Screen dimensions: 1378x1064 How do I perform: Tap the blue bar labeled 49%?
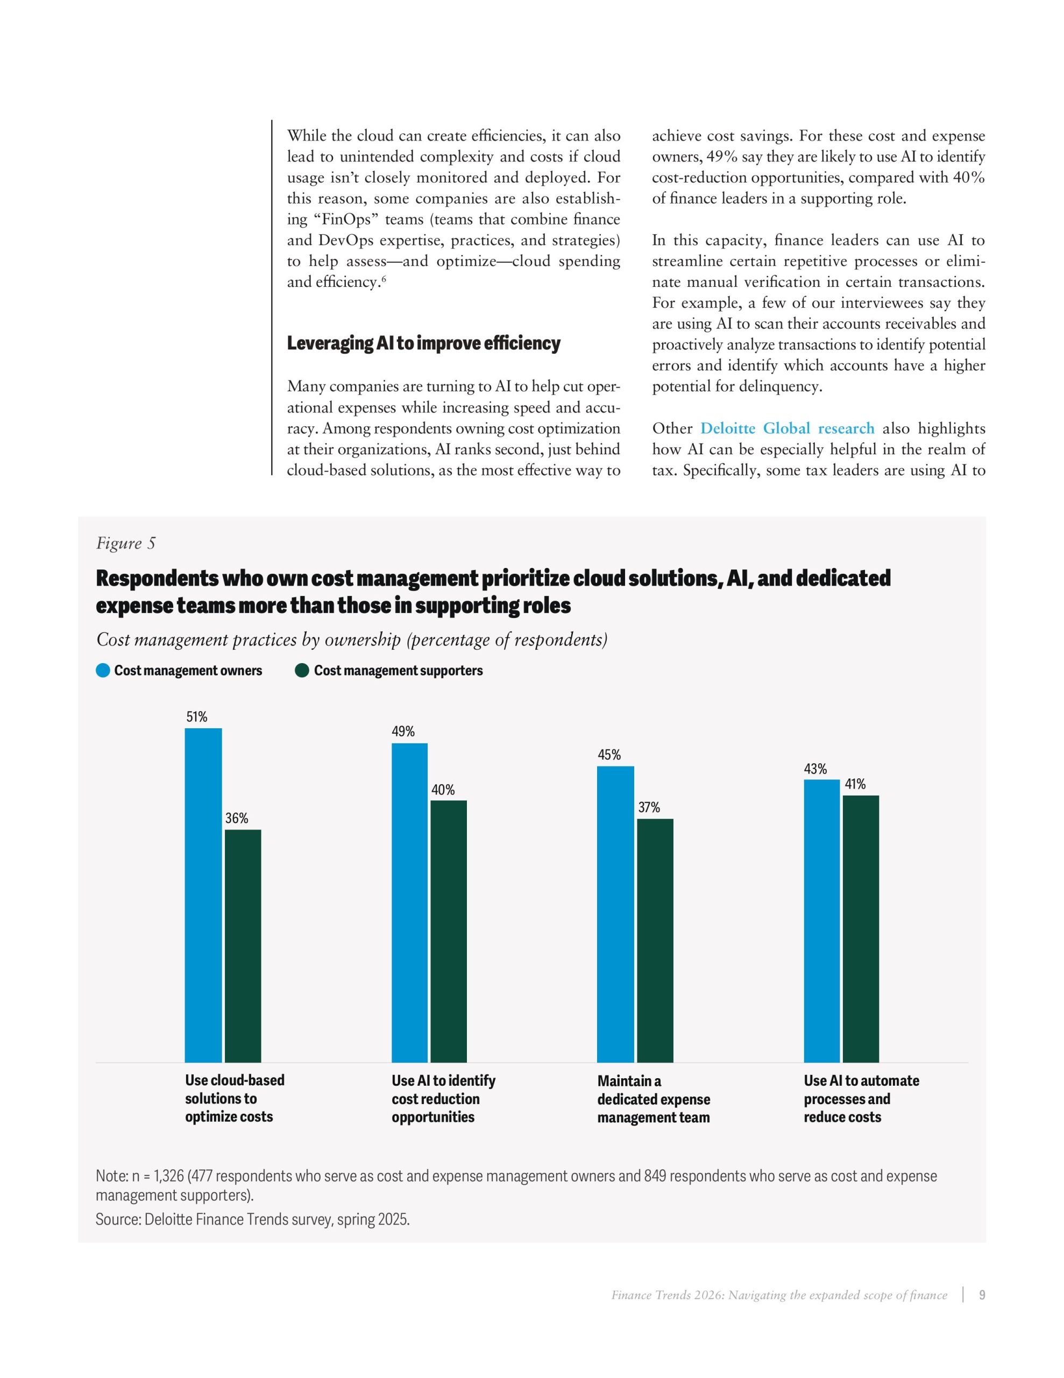(409, 902)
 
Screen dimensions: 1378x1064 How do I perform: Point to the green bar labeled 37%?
(655, 940)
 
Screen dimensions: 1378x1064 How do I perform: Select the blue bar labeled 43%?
(821, 920)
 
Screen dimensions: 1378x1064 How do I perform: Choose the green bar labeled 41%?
(860, 928)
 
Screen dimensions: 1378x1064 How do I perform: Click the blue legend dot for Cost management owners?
(103, 670)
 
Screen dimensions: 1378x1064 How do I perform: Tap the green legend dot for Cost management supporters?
(302, 670)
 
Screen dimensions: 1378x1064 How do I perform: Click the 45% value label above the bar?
(609, 755)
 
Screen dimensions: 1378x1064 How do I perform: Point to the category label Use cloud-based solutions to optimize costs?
(234, 1099)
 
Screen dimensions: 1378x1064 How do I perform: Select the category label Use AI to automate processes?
(861, 1099)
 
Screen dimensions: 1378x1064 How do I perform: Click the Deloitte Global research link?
(787, 428)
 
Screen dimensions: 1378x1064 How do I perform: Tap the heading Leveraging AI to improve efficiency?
(423, 343)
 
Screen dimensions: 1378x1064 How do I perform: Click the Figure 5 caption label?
(125, 543)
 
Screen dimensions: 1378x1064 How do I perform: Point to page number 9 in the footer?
(981, 1295)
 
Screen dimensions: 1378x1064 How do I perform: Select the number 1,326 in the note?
(168, 1176)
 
